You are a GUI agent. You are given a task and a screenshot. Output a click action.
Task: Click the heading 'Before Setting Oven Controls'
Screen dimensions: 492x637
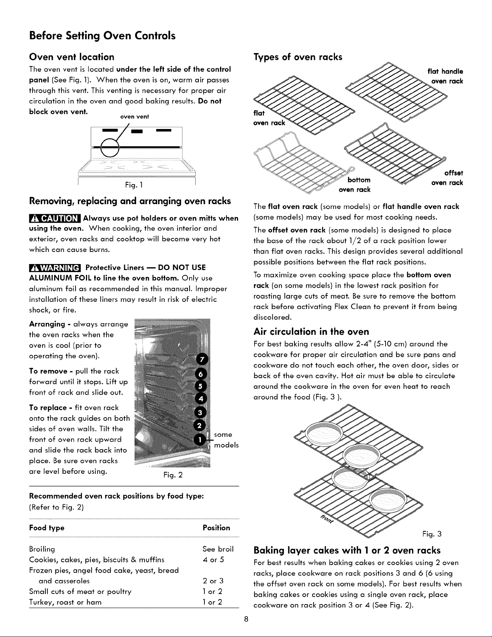[102, 36]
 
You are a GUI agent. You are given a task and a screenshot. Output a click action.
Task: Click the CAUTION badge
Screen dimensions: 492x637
[55, 218]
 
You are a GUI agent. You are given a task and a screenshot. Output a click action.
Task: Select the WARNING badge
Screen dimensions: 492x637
[55, 268]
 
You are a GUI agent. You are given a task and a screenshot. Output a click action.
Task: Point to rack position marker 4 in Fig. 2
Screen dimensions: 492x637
[201, 399]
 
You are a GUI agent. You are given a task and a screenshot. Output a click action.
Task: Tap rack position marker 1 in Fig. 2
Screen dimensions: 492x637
[200, 439]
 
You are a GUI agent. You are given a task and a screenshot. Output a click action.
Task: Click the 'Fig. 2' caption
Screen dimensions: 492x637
[173, 475]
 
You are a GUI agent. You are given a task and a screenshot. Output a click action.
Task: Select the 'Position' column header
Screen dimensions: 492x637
[216, 528]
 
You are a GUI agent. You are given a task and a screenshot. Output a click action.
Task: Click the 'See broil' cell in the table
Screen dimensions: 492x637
[218, 549]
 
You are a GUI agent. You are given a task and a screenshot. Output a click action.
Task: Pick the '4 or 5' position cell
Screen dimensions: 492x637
[213, 559]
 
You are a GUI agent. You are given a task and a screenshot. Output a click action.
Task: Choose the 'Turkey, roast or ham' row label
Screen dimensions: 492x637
[65, 602]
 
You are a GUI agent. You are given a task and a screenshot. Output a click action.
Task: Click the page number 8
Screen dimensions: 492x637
[246, 619]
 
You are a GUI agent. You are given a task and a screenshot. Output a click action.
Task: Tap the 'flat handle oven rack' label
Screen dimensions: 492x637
[445, 76]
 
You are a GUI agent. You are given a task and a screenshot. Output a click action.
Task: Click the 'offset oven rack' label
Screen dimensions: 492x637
[447, 178]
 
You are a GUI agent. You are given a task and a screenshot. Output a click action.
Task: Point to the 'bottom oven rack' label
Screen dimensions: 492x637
[355, 185]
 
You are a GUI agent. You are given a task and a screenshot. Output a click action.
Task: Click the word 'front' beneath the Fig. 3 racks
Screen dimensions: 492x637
[327, 518]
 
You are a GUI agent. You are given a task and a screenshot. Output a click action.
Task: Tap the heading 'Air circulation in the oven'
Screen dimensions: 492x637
[311, 332]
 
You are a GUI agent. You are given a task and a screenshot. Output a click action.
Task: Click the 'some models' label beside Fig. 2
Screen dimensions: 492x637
[227, 440]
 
